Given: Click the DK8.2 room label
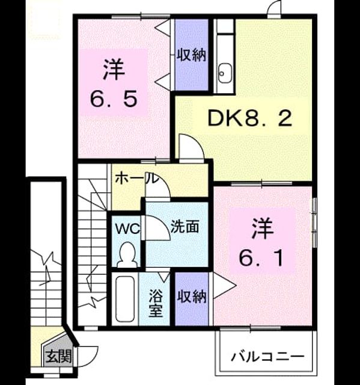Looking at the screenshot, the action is (x=250, y=118).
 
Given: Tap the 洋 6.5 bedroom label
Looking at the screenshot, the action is (x=114, y=83).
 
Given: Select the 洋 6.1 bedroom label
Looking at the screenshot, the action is (x=261, y=242).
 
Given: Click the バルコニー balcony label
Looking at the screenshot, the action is (x=267, y=357).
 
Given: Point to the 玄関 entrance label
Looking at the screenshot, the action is (x=59, y=356).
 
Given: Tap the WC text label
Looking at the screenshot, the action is (x=127, y=229).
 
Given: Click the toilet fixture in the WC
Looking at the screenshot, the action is (x=127, y=254).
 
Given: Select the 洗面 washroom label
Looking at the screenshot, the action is (x=185, y=226).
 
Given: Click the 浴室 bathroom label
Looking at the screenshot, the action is (x=156, y=303).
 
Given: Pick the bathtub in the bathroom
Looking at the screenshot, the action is (x=125, y=299).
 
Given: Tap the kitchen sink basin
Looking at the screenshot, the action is (x=225, y=73).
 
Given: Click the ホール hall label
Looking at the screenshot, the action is (x=136, y=179).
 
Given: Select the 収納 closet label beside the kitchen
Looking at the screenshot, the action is (x=191, y=55).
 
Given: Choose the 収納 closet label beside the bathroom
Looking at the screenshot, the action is (x=192, y=297).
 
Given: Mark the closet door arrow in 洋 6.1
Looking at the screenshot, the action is (x=224, y=285).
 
